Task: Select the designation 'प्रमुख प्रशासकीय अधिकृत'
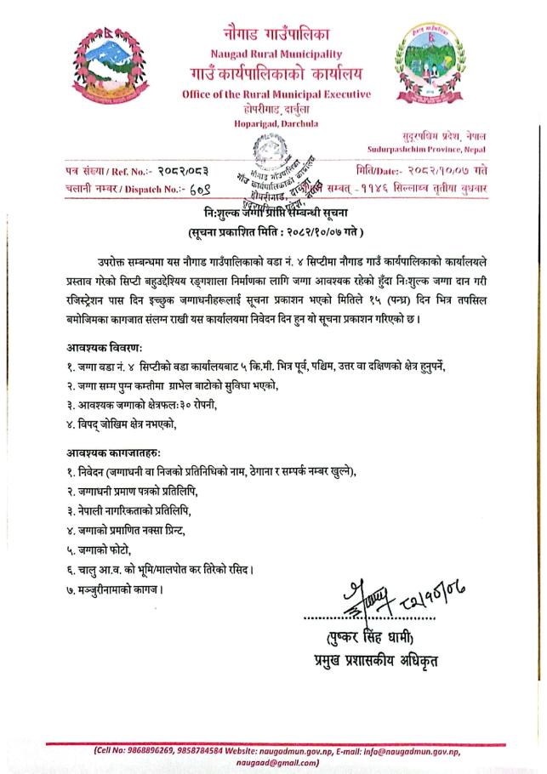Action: tap(380, 661)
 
